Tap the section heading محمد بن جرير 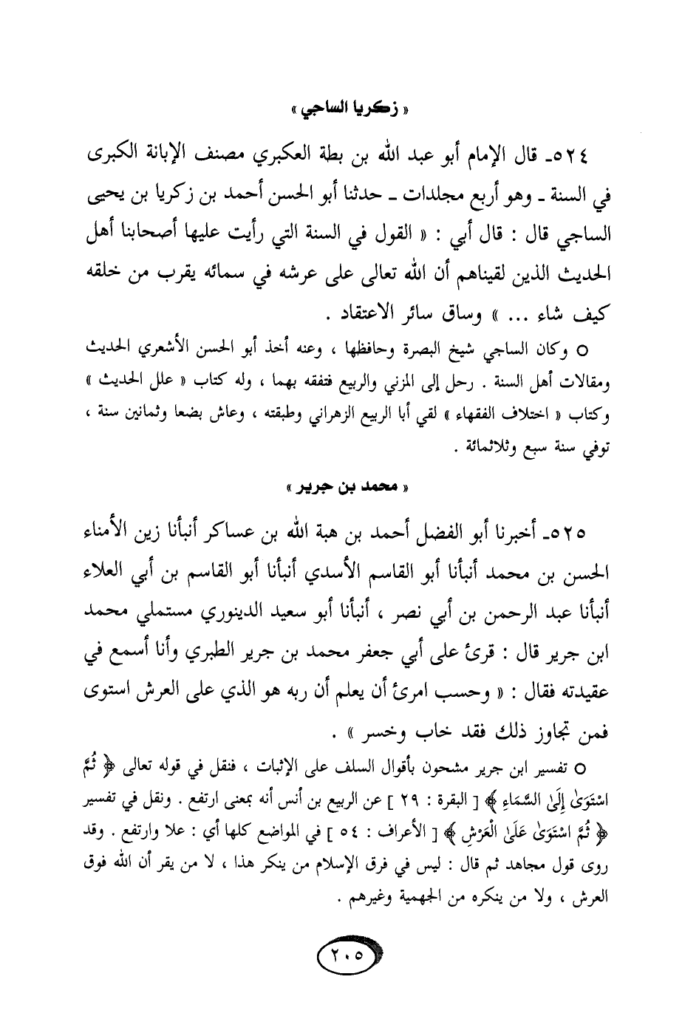pos(349,487)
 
